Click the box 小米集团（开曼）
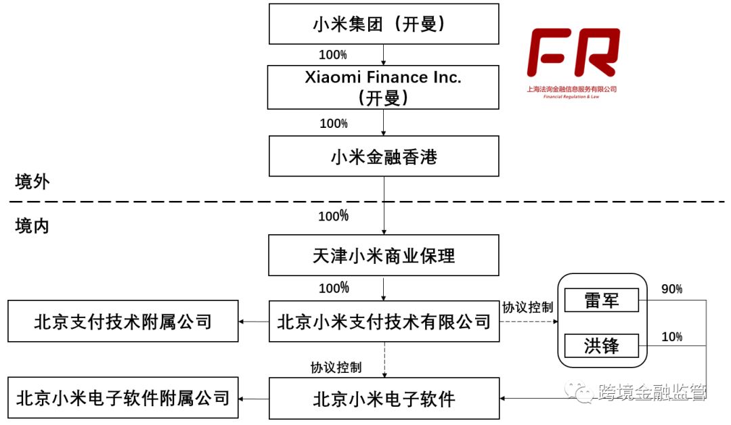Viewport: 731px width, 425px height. [383, 24]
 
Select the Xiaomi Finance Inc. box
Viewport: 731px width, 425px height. [383, 87]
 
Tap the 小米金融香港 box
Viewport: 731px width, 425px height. [383, 157]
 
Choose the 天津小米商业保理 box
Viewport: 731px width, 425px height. [383, 256]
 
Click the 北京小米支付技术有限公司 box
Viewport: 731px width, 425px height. [383, 321]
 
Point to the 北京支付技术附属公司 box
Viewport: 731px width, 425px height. [123, 321]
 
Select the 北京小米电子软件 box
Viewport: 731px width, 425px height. [383, 399]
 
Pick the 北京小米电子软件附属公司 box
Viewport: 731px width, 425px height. [123, 399]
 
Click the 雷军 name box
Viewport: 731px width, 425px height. [601, 300]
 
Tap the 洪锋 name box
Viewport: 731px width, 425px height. [601, 346]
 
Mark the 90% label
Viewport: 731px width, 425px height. [671, 290]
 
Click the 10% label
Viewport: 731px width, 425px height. [671, 336]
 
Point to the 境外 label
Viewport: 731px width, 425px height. [32, 181]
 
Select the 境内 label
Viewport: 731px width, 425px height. [32, 226]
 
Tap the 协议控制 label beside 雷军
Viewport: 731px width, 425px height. [527, 307]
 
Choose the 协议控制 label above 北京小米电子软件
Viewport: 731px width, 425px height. [336, 367]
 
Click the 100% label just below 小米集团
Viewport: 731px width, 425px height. [333, 53]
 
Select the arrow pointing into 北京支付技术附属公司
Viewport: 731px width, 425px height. [254, 321]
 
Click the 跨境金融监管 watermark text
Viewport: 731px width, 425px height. [651, 393]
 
